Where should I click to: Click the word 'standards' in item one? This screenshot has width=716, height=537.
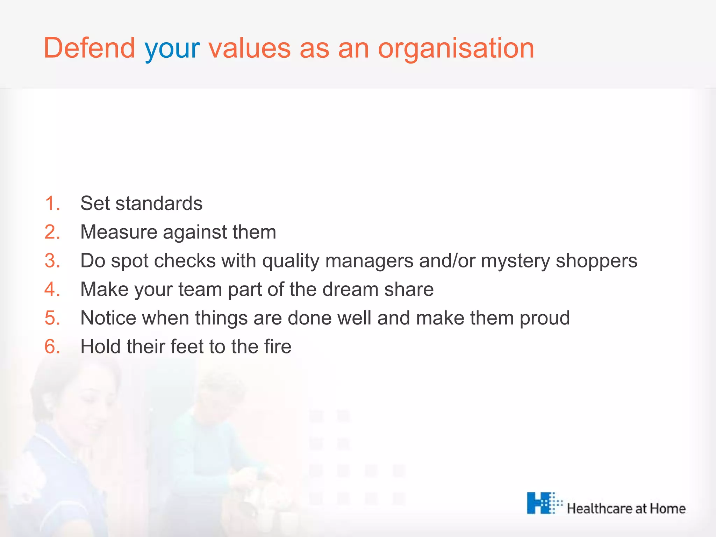click(x=159, y=203)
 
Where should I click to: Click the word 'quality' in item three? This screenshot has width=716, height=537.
click(x=291, y=261)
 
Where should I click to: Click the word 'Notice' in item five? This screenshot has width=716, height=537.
click(x=108, y=318)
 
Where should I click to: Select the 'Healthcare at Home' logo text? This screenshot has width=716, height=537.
click(x=626, y=508)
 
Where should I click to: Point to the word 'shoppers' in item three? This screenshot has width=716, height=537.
click(x=596, y=261)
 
